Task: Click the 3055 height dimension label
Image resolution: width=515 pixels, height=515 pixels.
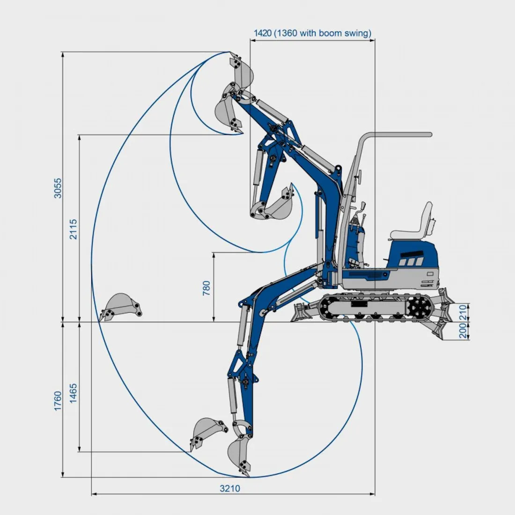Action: pyautogui.click(x=58, y=188)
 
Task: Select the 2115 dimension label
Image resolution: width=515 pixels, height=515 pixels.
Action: pyautogui.click(x=73, y=229)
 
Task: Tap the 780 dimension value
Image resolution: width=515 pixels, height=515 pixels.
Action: pyautogui.click(x=206, y=288)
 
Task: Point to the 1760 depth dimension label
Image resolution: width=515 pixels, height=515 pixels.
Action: pyautogui.click(x=58, y=401)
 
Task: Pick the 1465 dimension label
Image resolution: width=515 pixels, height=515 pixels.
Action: pyautogui.click(x=73, y=393)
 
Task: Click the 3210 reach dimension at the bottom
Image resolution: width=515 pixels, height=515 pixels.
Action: pyautogui.click(x=230, y=488)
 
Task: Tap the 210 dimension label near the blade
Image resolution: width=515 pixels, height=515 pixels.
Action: pyautogui.click(x=463, y=311)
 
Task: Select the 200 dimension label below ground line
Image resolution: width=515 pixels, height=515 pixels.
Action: pyautogui.click(x=463, y=331)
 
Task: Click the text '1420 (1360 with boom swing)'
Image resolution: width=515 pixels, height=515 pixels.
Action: pyautogui.click(x=312, y=33)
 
